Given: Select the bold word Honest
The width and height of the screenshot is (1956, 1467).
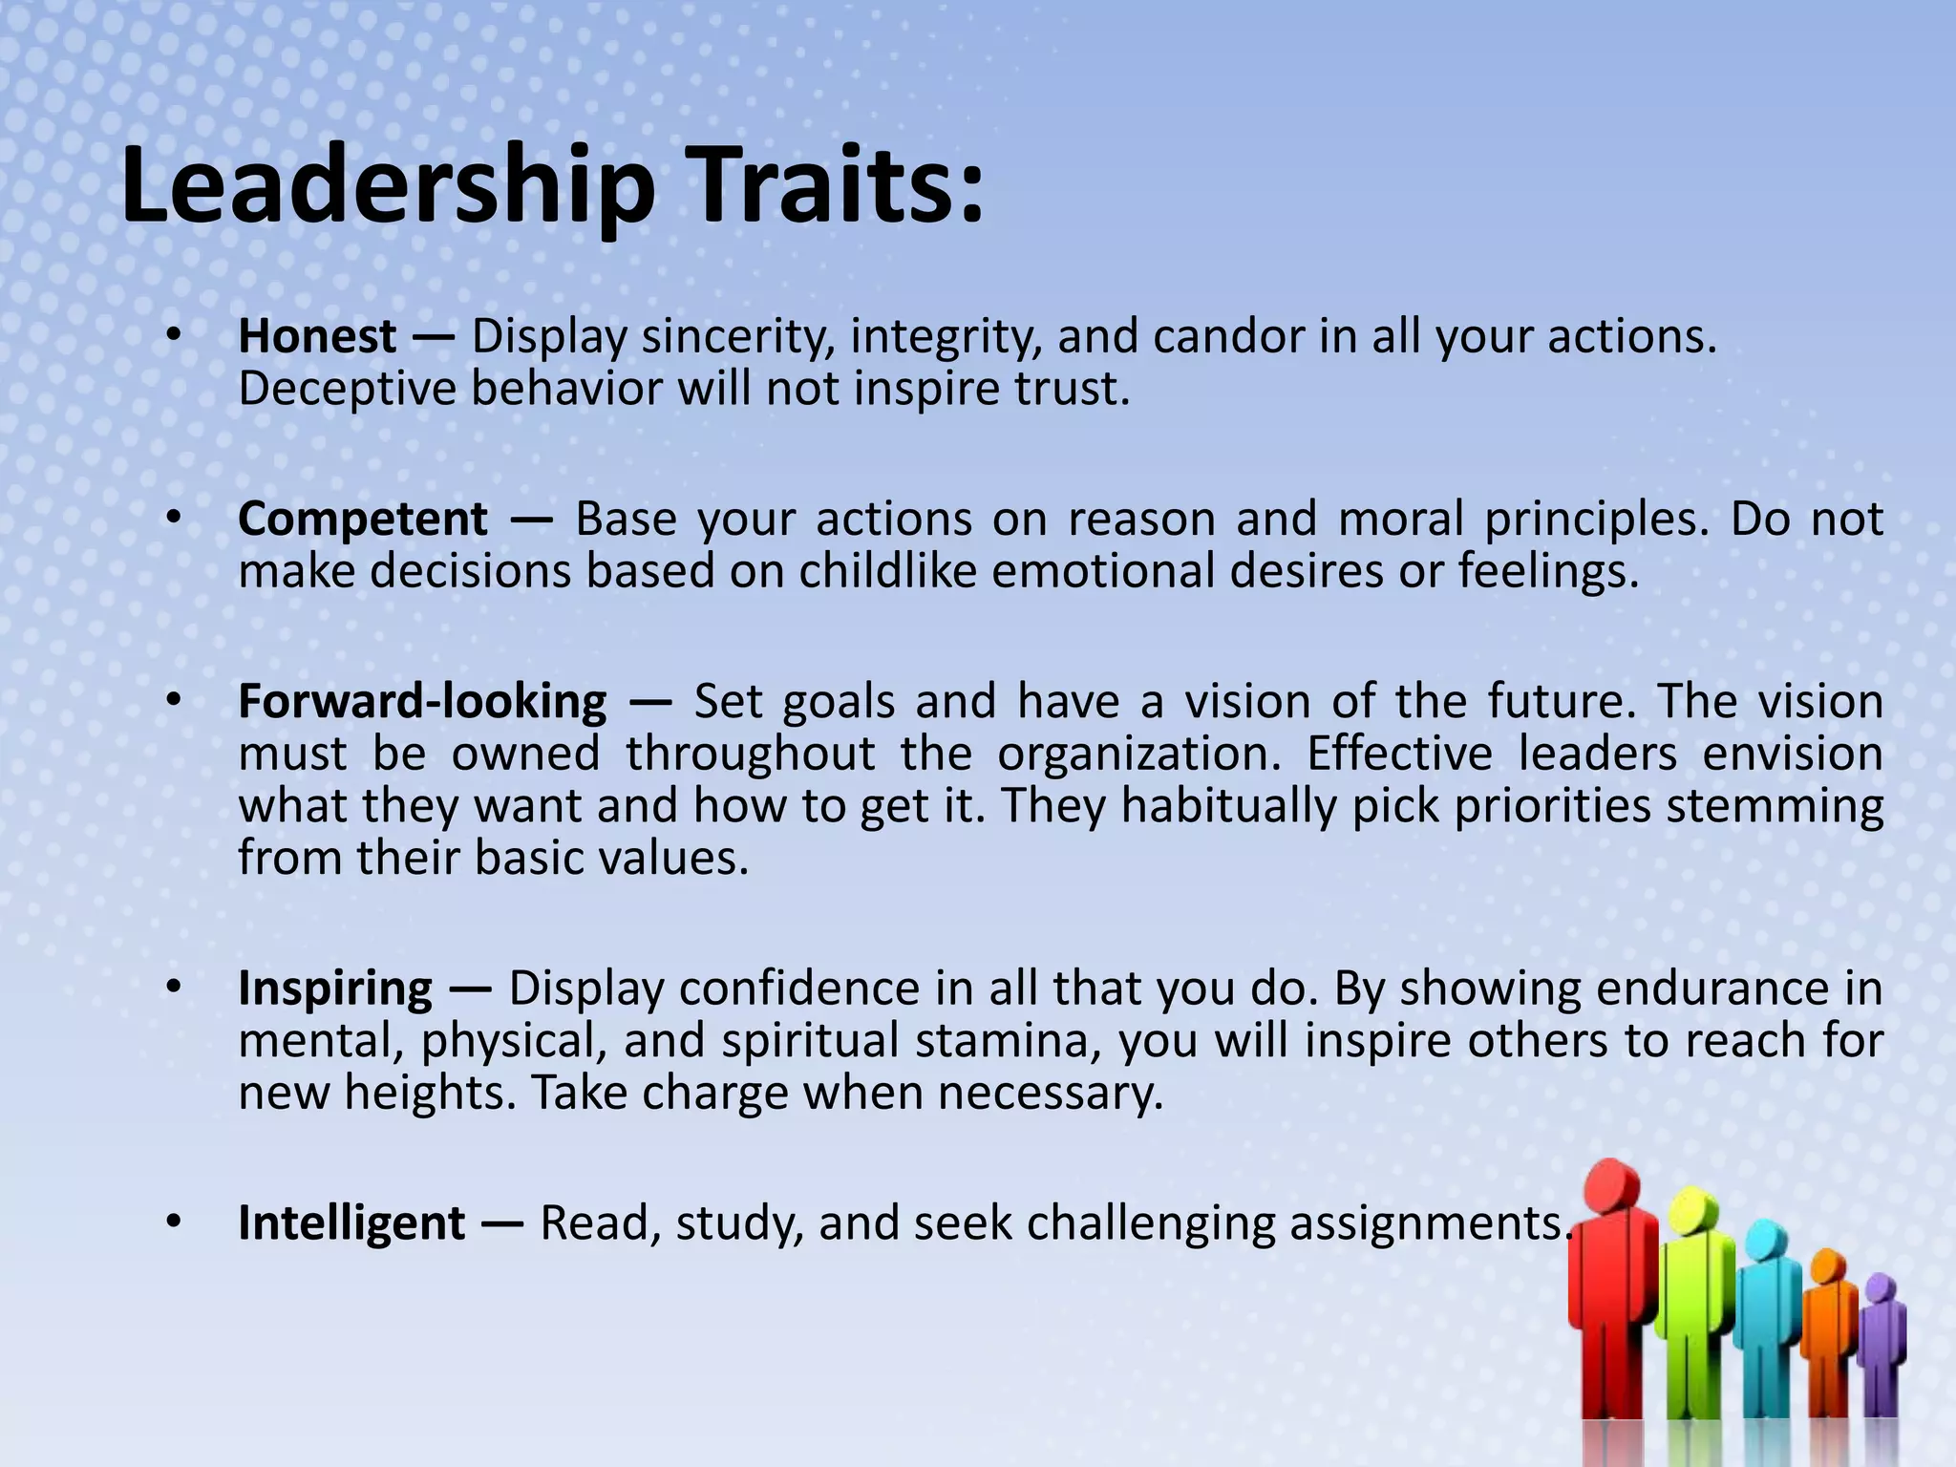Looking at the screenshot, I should tap(317, 336).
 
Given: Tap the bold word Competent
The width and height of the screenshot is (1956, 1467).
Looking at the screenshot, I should tap(363, 519).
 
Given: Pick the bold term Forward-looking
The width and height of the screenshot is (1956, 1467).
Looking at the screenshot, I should tap(422, 701).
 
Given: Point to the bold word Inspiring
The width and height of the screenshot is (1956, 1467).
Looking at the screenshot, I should tap(335, 988).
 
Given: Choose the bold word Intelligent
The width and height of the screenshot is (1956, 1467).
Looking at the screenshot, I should tap(351, 1222).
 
